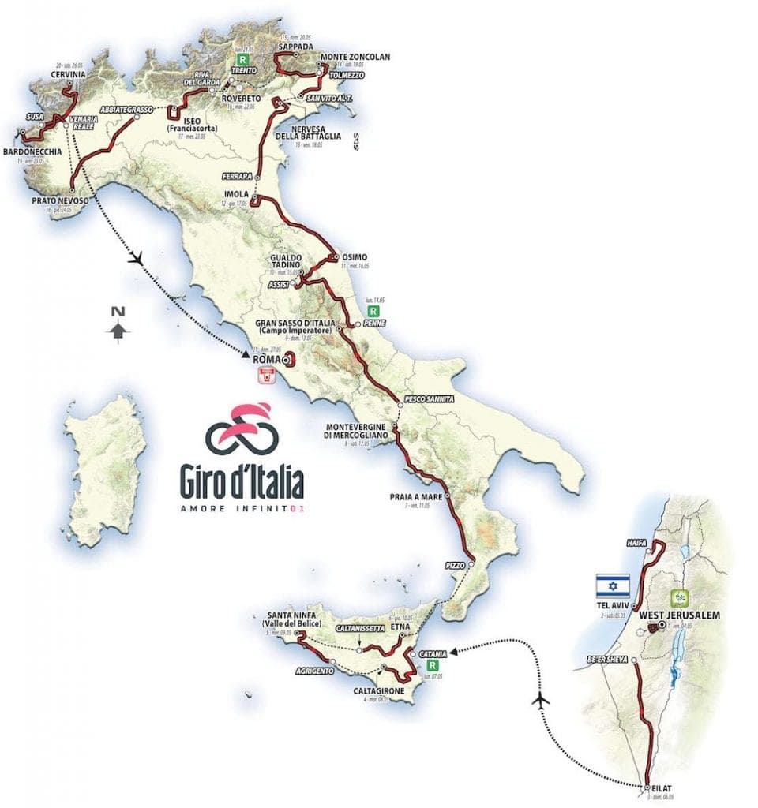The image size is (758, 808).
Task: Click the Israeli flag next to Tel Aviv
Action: coord(613,585)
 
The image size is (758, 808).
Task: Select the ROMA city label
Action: coord(264,357)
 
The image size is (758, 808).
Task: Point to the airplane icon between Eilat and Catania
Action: coord(542,699)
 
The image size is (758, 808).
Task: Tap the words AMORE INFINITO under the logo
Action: coord(242,509)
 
